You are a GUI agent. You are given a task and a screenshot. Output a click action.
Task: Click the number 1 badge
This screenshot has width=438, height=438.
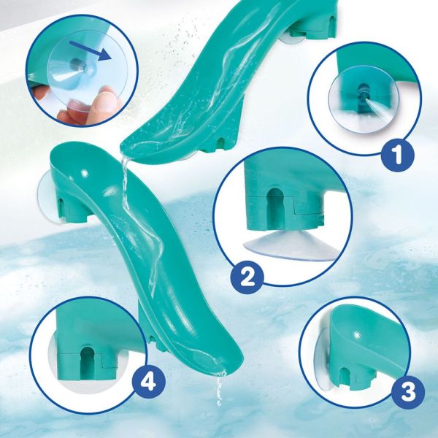(x=399, y=154)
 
